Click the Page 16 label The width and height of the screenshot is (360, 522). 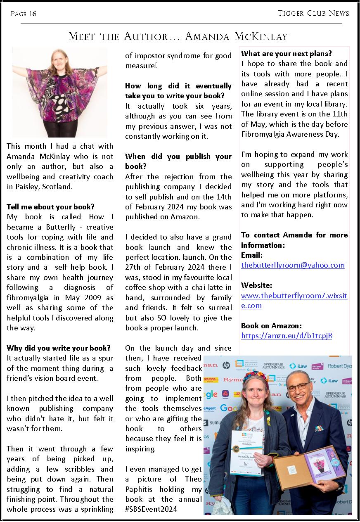pyautogui.click(x=24, y=14)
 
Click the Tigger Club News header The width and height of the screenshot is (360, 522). pyautogui.click(x=313, y=13)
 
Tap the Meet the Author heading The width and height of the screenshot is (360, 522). pyautogui.click(x=178, y=37)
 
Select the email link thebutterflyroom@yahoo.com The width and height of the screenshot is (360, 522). pyautogui.click(x=292, y=265)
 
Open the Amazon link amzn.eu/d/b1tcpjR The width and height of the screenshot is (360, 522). pyautogui.click(x=287, y=336)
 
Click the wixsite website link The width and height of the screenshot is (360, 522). pyautogui.click(x=294, y=301)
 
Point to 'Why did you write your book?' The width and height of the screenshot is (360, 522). pyautogui.click(x=59, y=348)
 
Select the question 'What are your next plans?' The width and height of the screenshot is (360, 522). pyautogui.click(x=287, y=54)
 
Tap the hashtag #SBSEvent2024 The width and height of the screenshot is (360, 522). pyautogui.click(x=151, y=509)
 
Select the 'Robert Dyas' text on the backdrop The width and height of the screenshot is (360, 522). pyautogui.click(x=339, y=366)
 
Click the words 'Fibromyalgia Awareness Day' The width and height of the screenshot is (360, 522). pyautogui.click(x=294, y=134)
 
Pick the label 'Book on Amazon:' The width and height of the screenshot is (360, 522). pyautogui.click(x=271, y=325)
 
